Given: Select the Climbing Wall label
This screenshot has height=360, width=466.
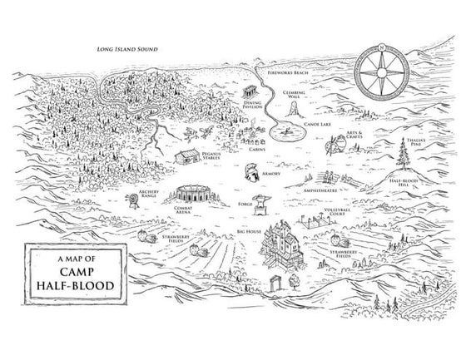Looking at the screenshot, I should [x=294, y=95].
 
